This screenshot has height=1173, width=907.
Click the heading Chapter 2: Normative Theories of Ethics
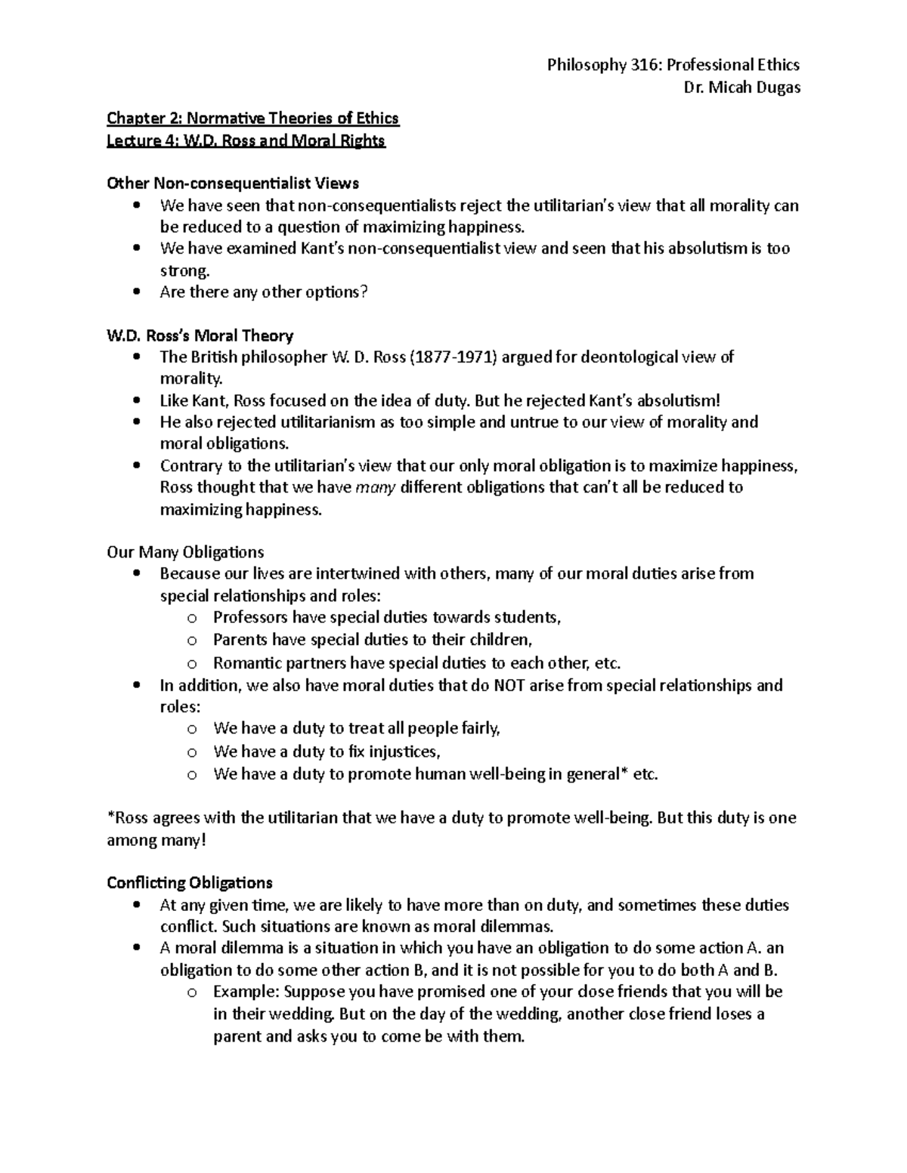252,119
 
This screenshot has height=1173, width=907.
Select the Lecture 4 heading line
246,140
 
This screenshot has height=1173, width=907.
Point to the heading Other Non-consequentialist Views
233,184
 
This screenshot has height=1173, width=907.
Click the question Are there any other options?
263,292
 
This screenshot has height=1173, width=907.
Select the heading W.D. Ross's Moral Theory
200,335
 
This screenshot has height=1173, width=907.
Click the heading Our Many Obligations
185,552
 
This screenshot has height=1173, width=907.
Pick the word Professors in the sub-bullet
250,618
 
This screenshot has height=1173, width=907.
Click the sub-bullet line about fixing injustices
327,752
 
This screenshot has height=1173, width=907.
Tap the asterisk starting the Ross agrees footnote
110,817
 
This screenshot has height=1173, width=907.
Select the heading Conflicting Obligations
190,883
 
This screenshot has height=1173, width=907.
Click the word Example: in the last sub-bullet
243,992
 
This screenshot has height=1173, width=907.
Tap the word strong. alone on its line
183,270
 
